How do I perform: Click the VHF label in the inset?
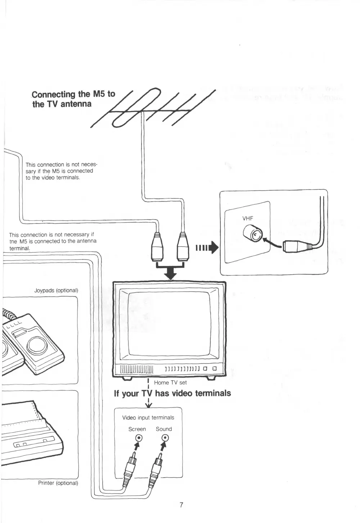coord(248,218)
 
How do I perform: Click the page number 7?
coord(181,505)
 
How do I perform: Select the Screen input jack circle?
coord(138,438)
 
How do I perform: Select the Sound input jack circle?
coord(165,438)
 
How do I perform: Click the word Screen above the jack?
coord(137,429)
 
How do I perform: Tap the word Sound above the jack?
coord(164,429)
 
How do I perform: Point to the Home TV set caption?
coord(170,383)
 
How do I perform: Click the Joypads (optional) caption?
coord(56,290)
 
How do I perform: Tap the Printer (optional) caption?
coord(58,483)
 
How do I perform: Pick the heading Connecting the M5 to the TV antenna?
coord(73,99)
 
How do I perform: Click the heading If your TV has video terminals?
coord(172,393)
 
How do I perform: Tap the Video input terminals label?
coord(148,418)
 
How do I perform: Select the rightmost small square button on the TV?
coord(214,369)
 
